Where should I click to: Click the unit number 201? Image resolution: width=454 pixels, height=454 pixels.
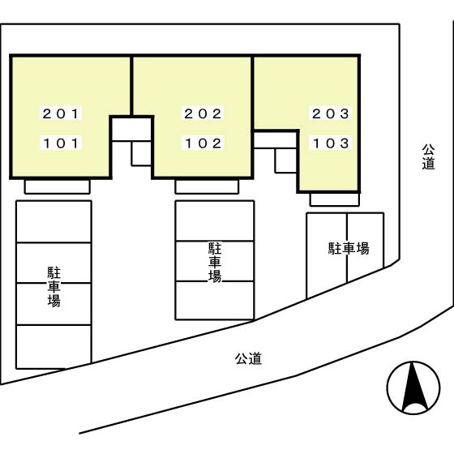[61, 113]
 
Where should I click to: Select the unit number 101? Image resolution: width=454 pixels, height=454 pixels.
[61, 143]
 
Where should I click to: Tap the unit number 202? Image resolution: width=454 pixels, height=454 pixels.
[203, 113]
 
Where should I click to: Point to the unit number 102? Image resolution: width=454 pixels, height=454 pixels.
[203, 143]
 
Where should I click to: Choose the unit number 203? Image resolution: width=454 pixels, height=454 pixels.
[331, 113]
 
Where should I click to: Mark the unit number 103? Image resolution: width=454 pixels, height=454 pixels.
[331, 143]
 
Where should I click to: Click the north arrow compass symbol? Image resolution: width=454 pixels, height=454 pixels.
[413, 388]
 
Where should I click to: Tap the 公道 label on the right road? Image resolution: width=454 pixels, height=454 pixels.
[428, 156]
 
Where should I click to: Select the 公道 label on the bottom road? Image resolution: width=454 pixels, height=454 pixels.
[248, 358]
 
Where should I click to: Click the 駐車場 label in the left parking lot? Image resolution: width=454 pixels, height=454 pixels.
[54, 287]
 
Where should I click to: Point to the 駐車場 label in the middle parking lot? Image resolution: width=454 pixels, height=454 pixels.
[215, 263]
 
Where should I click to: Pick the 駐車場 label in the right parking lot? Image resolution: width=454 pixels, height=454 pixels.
[349, 248]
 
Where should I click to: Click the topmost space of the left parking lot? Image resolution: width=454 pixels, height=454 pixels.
[54, 222]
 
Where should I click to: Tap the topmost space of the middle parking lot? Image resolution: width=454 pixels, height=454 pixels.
[215, 221]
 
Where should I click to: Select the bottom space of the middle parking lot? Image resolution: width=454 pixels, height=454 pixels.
[215, 301]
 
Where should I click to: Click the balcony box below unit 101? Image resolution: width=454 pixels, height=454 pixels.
[58, 186]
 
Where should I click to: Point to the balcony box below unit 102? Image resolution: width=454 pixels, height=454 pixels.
[207, 186]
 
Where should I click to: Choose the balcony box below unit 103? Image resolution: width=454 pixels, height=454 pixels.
[335, 199]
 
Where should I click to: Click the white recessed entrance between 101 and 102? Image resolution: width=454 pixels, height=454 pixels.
[131, 129]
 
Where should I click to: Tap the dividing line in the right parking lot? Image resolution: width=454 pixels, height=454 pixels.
[347, 248]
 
